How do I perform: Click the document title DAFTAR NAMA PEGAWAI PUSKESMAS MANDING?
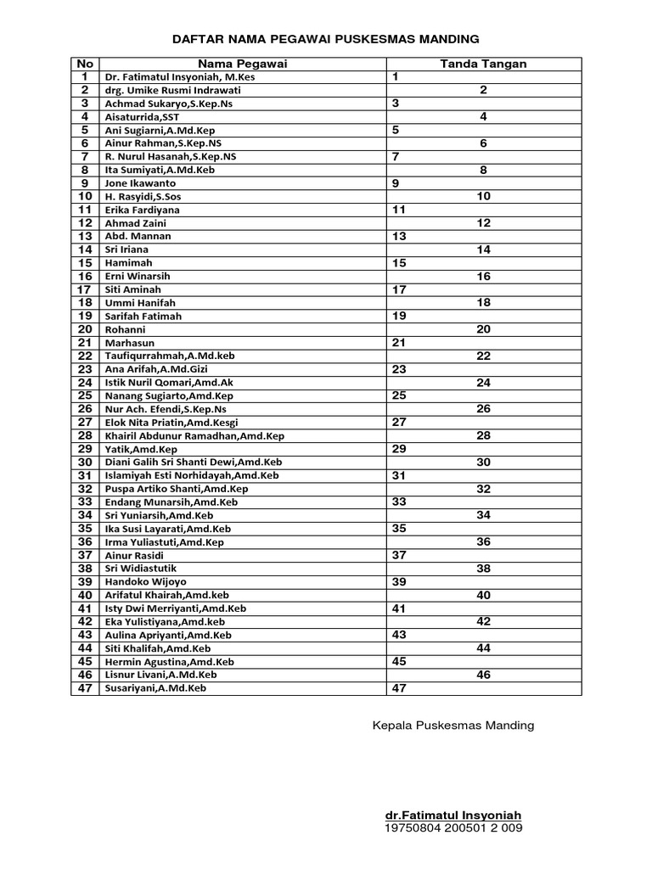pyautogui.click(x=326, y=39)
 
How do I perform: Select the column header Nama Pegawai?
pyautogui.click(x=242, y=64)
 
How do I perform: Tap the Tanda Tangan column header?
pyautogui.click(x=483, y=64)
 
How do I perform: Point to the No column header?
pyautogui.click(x=85, y=64)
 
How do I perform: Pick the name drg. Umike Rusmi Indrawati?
pyautogui.click(x=172, y=90)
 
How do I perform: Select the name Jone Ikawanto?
pyautogui.click(x=140, y=183)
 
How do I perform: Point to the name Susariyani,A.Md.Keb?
pyautogui.click(x=155, y=688)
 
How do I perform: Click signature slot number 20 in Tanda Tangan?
pyautogui.click(x=483, y=329)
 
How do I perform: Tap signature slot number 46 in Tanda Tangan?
pyautogui.click(x=483, y=675)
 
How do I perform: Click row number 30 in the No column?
pyautogui.click(x=85, y=463)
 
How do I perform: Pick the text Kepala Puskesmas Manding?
pyautogui.click(x=453, y=726)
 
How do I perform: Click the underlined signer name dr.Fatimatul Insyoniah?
pyautogui.click(x=453, y=816)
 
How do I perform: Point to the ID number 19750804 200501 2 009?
pyautogui.click(x=453, y=827)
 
